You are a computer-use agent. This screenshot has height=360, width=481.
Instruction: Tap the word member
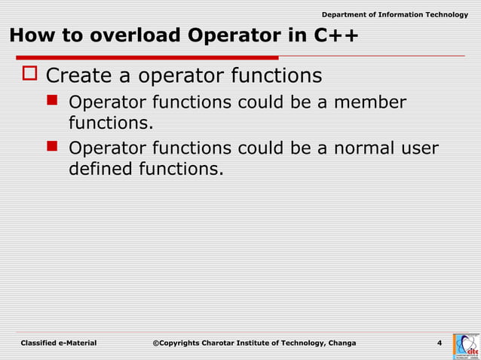pyautogui.click(x=366, y=103)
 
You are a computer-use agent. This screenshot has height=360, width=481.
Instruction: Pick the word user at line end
pyautogui.click(x=418, y=148)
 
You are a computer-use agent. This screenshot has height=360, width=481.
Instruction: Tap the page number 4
pyautogui.click(x=440, y=343)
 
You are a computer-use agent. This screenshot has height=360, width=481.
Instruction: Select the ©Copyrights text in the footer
pyautogui.click(x=177, y=343)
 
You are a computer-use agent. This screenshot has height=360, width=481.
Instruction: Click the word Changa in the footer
pyautogui.click(x=341, y=343)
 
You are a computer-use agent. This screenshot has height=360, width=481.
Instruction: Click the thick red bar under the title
pyautogui.click(x=143, y=57)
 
